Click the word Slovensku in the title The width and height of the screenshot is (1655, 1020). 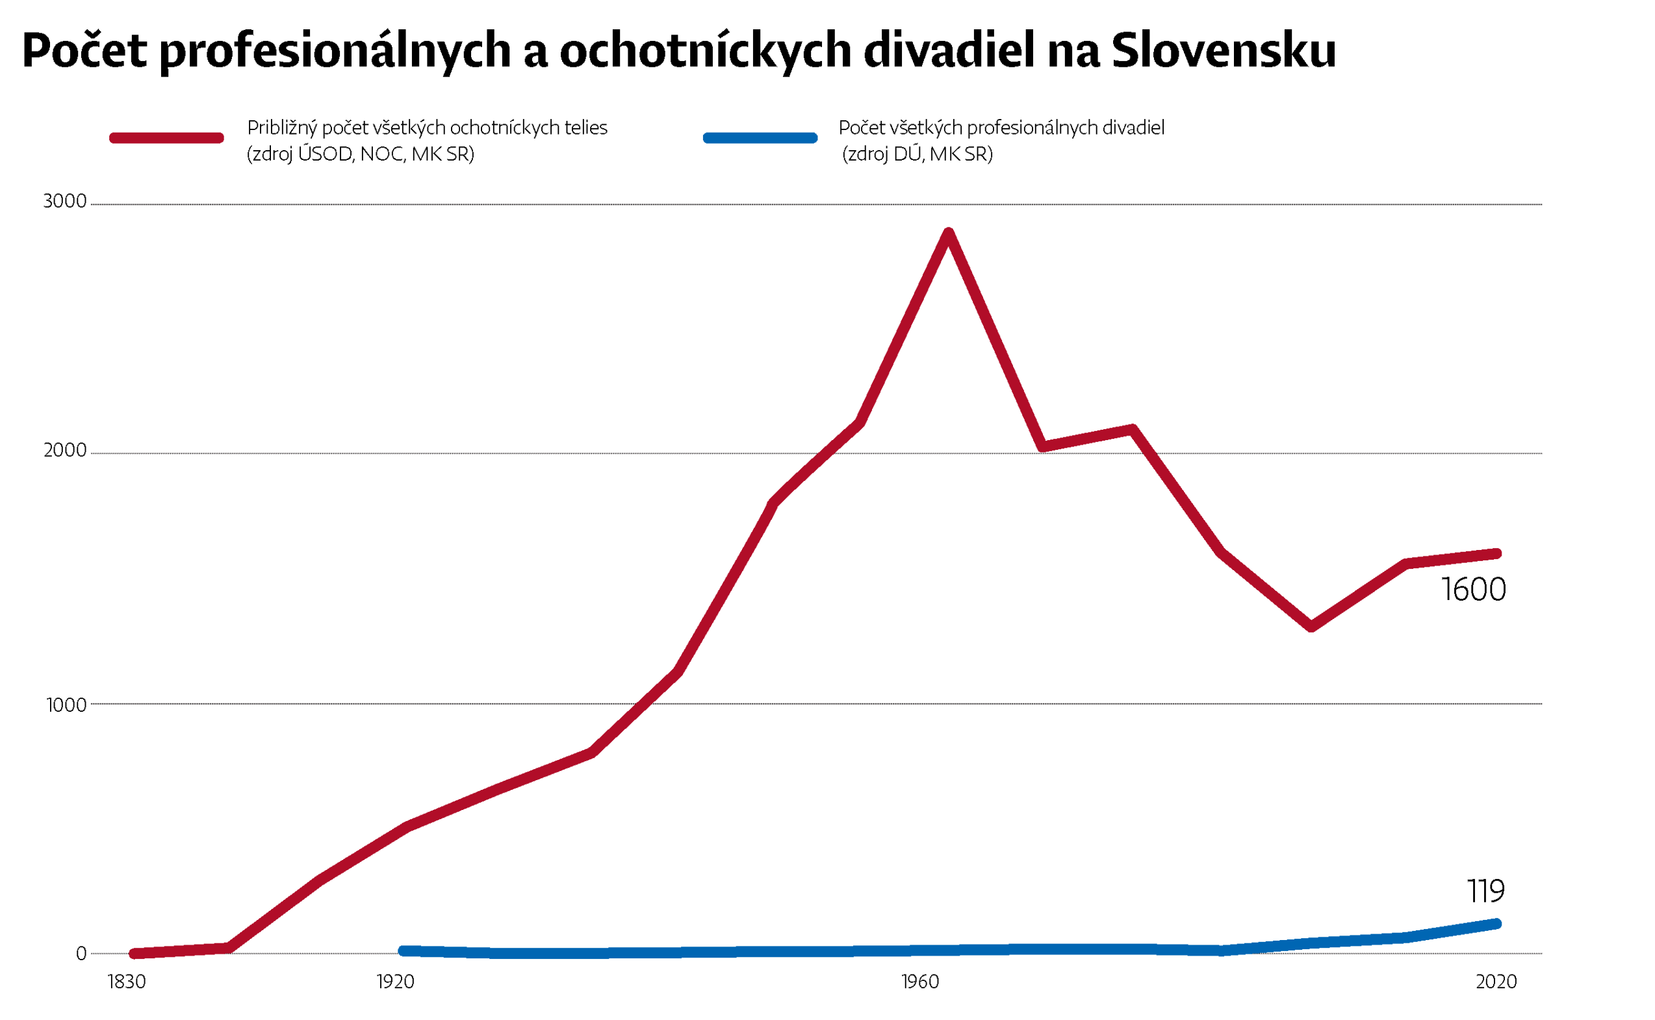(x=1223, y=51)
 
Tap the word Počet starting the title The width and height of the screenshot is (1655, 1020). (x=84, y=51)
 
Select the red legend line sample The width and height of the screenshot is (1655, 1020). (x=166, y=138)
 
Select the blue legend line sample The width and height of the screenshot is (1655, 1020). (x=760, y=138)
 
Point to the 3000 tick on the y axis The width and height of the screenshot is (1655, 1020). (x=65, y=201)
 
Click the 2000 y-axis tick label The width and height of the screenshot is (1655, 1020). (x=65, y=450)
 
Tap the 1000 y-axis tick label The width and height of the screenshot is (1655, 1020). (x=66, y=705)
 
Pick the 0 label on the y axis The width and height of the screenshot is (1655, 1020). (x=81, y=954)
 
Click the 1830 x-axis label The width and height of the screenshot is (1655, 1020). (x=127, y=982)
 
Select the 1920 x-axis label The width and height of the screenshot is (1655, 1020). (x=395, y=982)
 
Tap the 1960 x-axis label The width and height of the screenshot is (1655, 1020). (x=920, y=982)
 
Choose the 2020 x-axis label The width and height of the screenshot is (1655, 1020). (x=1496, y=982)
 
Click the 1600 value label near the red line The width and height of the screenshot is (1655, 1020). (x=1473, y=590)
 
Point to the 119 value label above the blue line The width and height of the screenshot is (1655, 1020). (x=1485, y=892)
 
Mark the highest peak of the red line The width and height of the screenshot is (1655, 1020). (x=949, y=233)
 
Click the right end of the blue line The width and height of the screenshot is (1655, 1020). (x=1496, y=924)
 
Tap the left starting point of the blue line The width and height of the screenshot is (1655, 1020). (x=403, y=951)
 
